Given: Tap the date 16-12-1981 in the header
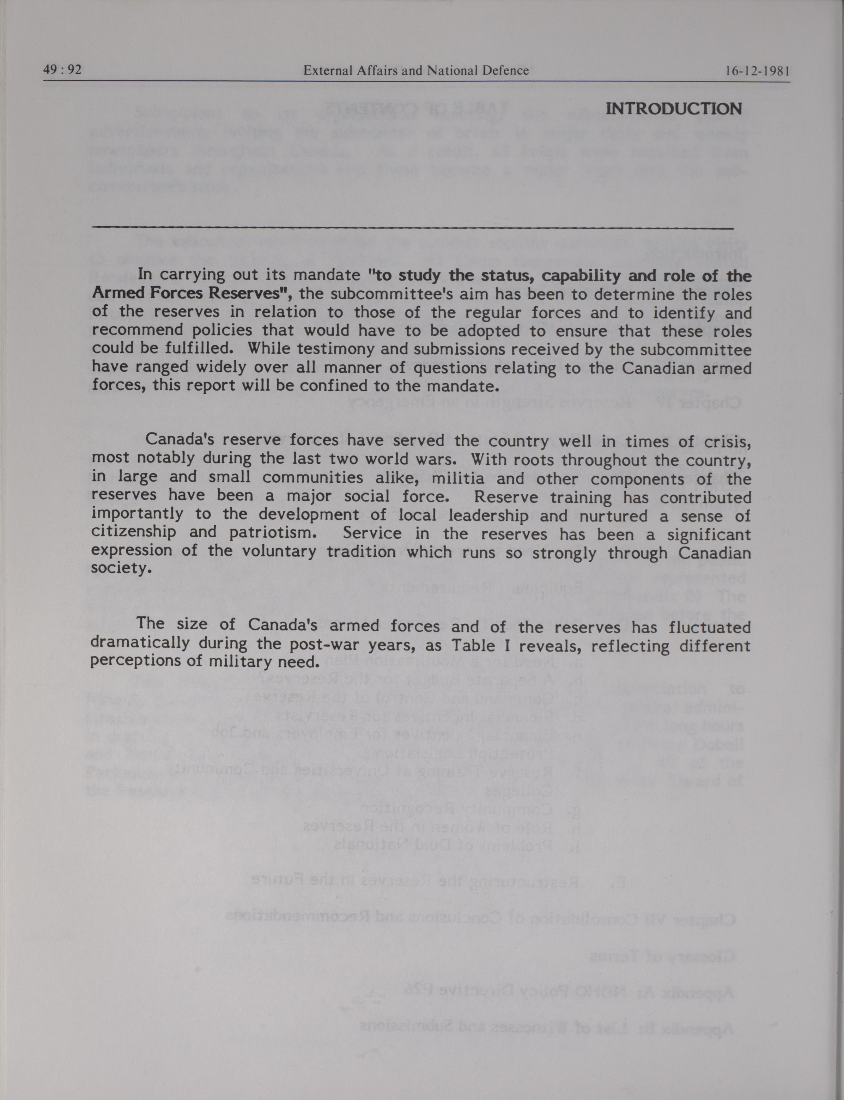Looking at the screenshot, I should coord(758,71).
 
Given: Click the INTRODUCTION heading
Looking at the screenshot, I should coord(673,109).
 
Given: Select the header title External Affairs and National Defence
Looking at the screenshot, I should coord(416,71).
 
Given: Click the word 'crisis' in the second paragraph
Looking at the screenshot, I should coord(725,441).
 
